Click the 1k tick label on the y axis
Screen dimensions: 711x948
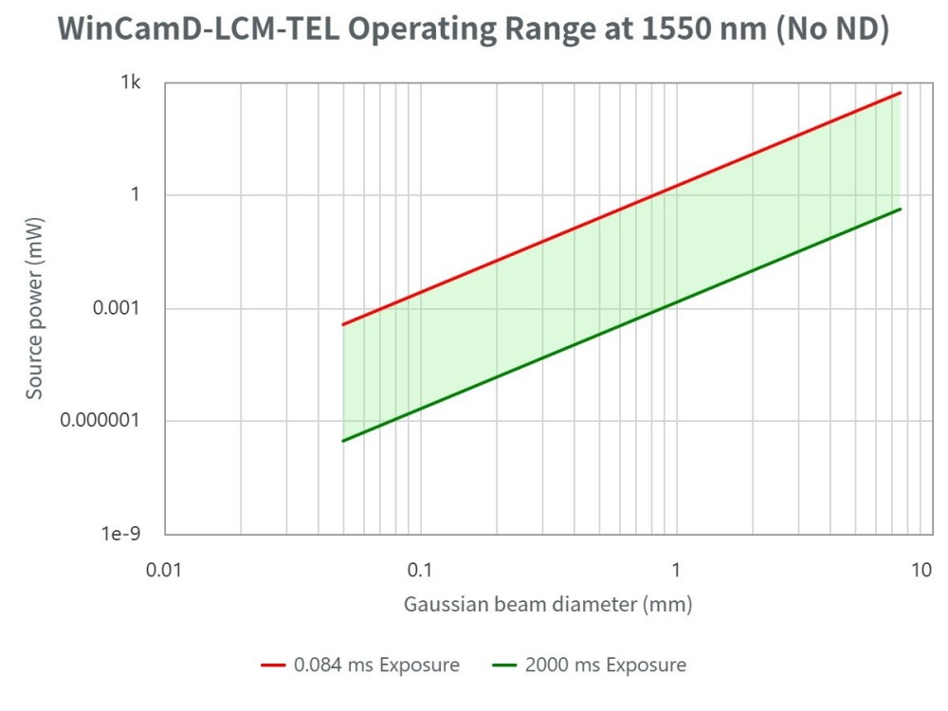click(x=130, y=82)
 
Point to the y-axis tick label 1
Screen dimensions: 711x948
click(x=136, y=195)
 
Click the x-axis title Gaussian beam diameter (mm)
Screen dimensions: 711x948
click(x=548, y=604)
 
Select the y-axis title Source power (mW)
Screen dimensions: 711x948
click(x=35, y=308)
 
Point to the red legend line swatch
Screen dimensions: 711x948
click(x=273, y=665)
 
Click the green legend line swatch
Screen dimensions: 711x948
click(x=504, y=665)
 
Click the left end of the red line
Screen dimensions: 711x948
click(x=342, y=325)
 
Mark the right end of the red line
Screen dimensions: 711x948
click(x=900, y=93)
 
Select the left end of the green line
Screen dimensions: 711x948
click(x=342, y=441)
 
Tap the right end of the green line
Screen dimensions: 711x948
click(x=900, y=209)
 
